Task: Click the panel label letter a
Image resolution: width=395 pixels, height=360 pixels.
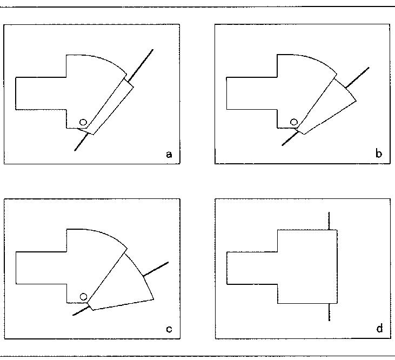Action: (x=169, y=155)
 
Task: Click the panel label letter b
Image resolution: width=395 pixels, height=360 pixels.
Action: (x=379, y=155)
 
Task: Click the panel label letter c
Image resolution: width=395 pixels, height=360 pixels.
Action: (x=169, y=329)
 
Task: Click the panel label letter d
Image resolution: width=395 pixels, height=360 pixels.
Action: (x=379, y=329)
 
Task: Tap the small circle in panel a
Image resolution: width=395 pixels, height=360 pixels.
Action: (x=83, y=122)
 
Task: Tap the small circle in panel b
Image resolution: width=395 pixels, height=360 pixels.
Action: (x=293, y=122)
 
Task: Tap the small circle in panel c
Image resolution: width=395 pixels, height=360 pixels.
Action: (x=83, y=296)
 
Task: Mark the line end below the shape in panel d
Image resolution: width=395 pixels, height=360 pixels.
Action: (x=329, y=321)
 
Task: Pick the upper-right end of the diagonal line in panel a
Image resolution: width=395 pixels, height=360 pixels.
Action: (x=153, y=50)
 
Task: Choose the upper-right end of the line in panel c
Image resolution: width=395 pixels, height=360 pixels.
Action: (x=168, y=262)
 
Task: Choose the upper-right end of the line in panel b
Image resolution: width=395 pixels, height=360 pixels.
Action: (x=369, y=68)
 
